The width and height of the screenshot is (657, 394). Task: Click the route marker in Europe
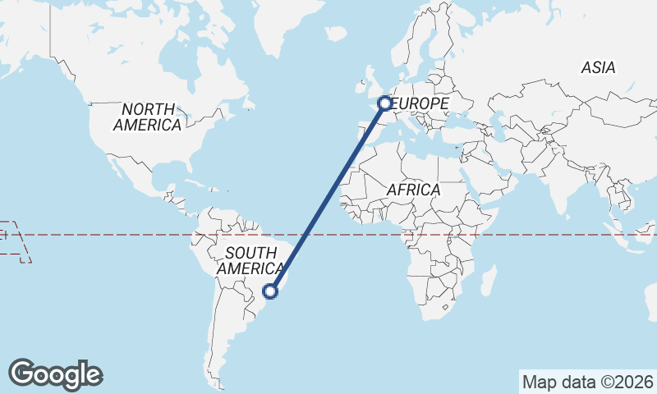384,103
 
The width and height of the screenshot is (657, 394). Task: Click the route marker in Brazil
270,291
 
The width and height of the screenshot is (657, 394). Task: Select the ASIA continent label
598,68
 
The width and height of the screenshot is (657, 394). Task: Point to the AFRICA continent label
413,190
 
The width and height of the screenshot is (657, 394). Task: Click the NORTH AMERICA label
148,117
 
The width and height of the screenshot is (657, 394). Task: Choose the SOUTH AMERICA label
250,260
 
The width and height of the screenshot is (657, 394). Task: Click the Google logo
55,374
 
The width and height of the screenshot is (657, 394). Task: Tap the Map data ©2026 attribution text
587,382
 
